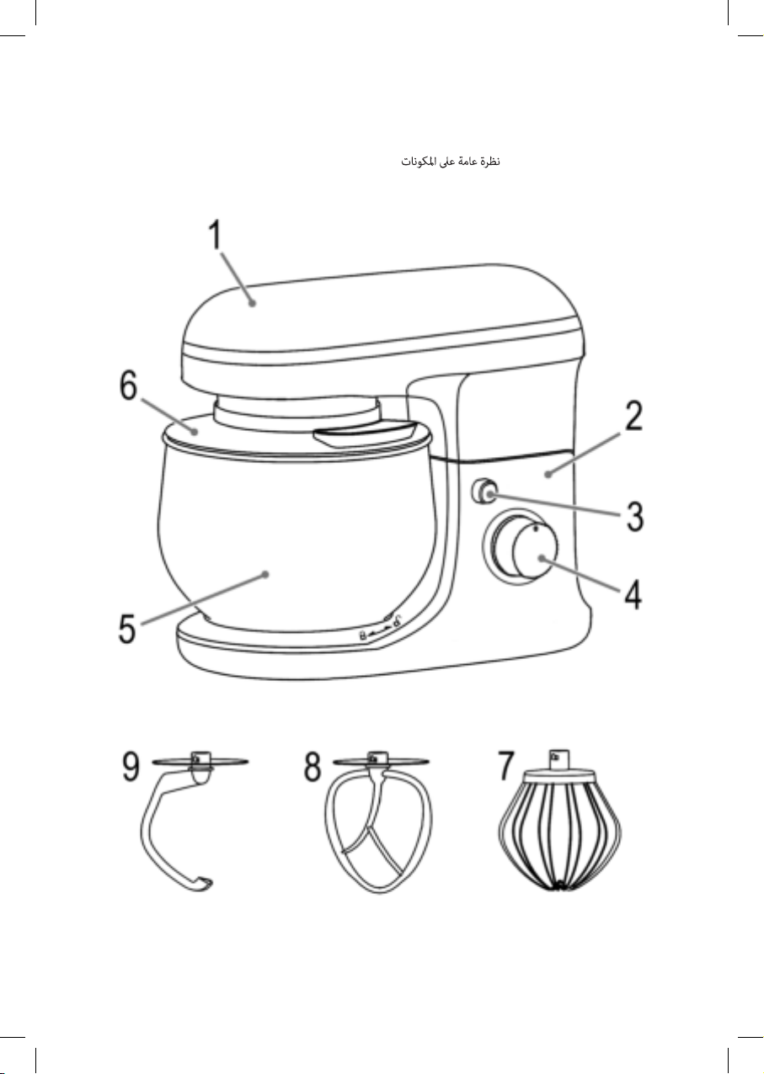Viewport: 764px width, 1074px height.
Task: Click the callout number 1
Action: pyautogui.click(x=216, y=234)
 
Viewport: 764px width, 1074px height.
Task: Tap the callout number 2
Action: pyautogui.click(x=633, y=416)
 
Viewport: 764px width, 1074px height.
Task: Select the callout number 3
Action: pyautogui.click(x=634, y=516)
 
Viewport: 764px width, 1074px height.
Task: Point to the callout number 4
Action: pyautogui.click(x=633, y=594)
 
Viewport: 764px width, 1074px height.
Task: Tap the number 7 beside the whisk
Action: pyautogui.click(x=506, y=766)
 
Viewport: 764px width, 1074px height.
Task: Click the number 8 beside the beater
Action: pyautogui.click(x=312, y=766)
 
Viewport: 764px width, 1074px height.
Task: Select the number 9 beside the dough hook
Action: pyautogui.click(x=131, y=766)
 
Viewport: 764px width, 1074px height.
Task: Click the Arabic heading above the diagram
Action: pyautogui.click(x=451, y=162)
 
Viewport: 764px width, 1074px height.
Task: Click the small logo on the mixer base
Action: pyautogui.click(x=380, y=633)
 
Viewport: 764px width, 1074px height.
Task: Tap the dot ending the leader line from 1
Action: pyautogui.click(x=253, y=302)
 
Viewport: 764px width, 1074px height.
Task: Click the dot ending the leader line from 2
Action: pyautogui.click(x=548, y=475)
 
